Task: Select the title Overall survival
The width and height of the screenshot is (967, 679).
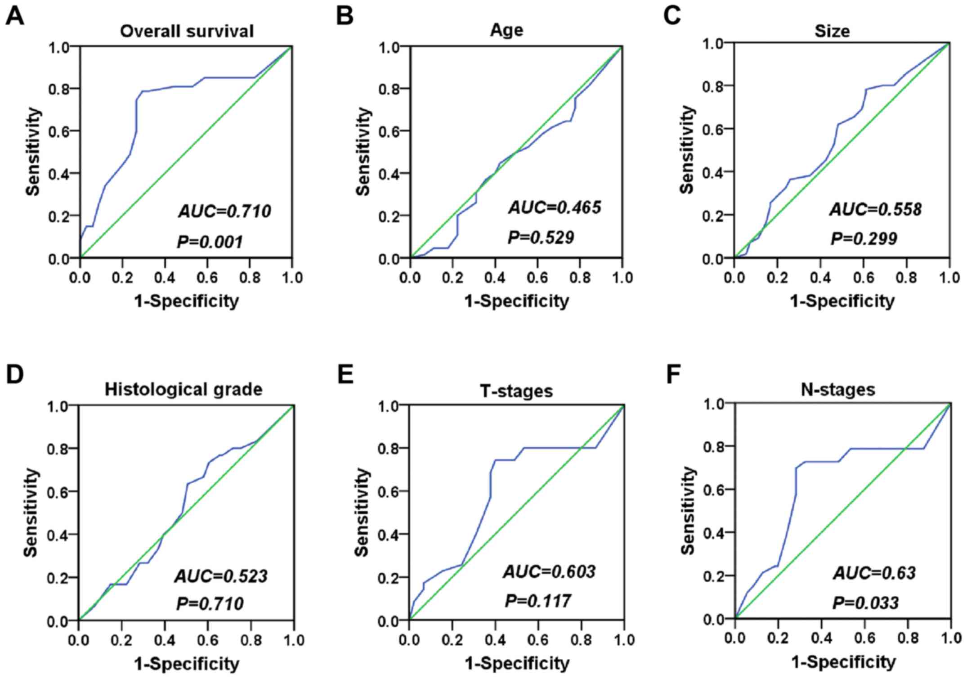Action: coord(187,31)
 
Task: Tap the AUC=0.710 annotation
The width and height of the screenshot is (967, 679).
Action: coord(225,211)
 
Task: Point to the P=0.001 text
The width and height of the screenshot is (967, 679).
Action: coord(210,242)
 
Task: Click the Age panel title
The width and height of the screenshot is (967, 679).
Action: coord(506,30)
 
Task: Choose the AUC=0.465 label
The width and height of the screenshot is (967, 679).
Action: coord(555,207)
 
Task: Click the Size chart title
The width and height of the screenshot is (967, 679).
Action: coord(832,31)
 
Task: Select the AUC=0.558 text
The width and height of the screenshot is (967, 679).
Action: coord(876,209)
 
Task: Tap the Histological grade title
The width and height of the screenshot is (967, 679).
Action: coord(184,389)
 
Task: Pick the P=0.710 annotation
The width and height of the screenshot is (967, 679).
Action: coord(210,603)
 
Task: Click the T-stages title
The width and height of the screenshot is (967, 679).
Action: coord(516,391)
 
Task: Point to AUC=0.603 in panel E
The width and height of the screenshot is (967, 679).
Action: coord(549,571)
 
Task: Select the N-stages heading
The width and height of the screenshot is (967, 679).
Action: coord(838,389)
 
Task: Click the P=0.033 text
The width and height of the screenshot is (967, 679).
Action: coord(865,603)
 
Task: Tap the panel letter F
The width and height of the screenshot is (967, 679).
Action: coord(673,375)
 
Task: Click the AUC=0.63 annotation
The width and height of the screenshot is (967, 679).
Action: coord(874,573)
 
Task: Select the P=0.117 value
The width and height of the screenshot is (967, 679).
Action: coord(538,601)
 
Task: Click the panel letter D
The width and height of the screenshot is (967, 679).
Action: coord(15,375)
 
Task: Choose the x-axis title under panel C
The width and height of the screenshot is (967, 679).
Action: coord(842,301)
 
